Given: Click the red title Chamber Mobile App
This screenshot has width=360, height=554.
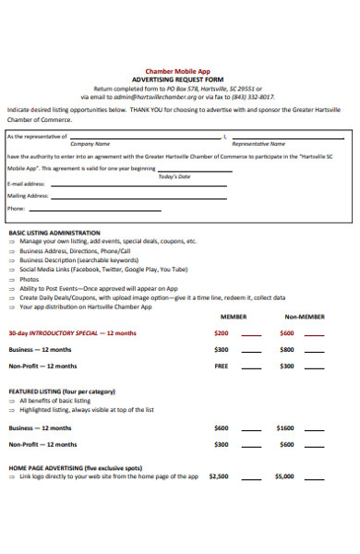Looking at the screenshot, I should point(177,71).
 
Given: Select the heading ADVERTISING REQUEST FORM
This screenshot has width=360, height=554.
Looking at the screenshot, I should point(177,79).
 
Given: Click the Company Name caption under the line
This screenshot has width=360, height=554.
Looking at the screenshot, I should point(90,144).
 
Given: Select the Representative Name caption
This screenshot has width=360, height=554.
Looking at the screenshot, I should point(258,144).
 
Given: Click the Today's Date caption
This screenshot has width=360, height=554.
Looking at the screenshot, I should point(174,175).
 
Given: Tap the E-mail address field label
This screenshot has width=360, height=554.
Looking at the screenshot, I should point(27,184).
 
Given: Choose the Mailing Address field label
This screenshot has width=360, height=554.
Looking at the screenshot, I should point(29,196).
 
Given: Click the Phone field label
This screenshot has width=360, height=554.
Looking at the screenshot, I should point(17,209).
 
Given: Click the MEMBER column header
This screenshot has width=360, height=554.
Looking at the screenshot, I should point(233,316).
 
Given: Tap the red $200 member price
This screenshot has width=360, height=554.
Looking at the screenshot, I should point(222,332).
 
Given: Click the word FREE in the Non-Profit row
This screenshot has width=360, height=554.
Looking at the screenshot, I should point(222,366).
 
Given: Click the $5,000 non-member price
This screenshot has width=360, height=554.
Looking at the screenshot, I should point(284,476).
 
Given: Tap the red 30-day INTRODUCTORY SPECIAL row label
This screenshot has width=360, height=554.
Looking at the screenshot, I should point(72,332).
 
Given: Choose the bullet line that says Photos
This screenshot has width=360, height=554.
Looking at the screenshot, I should point(30,279).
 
